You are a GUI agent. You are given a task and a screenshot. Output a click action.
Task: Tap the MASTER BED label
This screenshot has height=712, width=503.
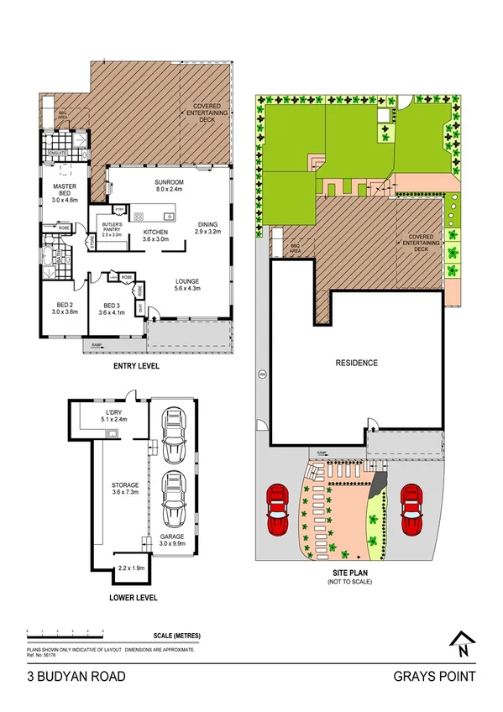(x=65, y=191)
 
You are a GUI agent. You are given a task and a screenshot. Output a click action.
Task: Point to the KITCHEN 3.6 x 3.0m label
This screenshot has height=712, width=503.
(x=155, y=236)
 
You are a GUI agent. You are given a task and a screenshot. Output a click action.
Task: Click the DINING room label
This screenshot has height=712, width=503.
(x=207, y=228)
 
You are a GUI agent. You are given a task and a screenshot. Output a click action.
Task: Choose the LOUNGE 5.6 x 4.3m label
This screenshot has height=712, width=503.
(x=186, y=285)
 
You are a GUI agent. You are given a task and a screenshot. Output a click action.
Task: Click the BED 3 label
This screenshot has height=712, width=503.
(x=112, y=308)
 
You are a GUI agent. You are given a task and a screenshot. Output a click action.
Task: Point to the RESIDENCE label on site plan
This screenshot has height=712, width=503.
(x=357, y=364)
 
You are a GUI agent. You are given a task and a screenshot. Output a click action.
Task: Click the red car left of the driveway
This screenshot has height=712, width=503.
(x=277, y=509)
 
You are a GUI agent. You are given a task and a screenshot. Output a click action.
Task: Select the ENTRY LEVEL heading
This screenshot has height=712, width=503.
(x=135, y=367)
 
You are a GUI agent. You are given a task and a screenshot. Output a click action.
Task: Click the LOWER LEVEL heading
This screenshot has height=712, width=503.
(x=133, y=599)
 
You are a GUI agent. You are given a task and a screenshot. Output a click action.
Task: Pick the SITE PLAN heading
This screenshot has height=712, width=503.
(x=350, y=573)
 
